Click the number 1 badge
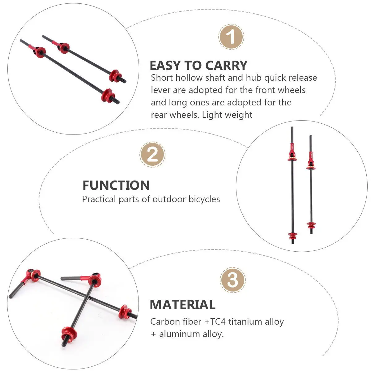231,37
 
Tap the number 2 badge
152,155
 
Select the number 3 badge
232,280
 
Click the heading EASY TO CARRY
198,66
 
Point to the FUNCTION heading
116,185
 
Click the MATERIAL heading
182,305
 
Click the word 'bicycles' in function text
204,199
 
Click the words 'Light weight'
227,115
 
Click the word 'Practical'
99,199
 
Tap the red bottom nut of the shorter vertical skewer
311,224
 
